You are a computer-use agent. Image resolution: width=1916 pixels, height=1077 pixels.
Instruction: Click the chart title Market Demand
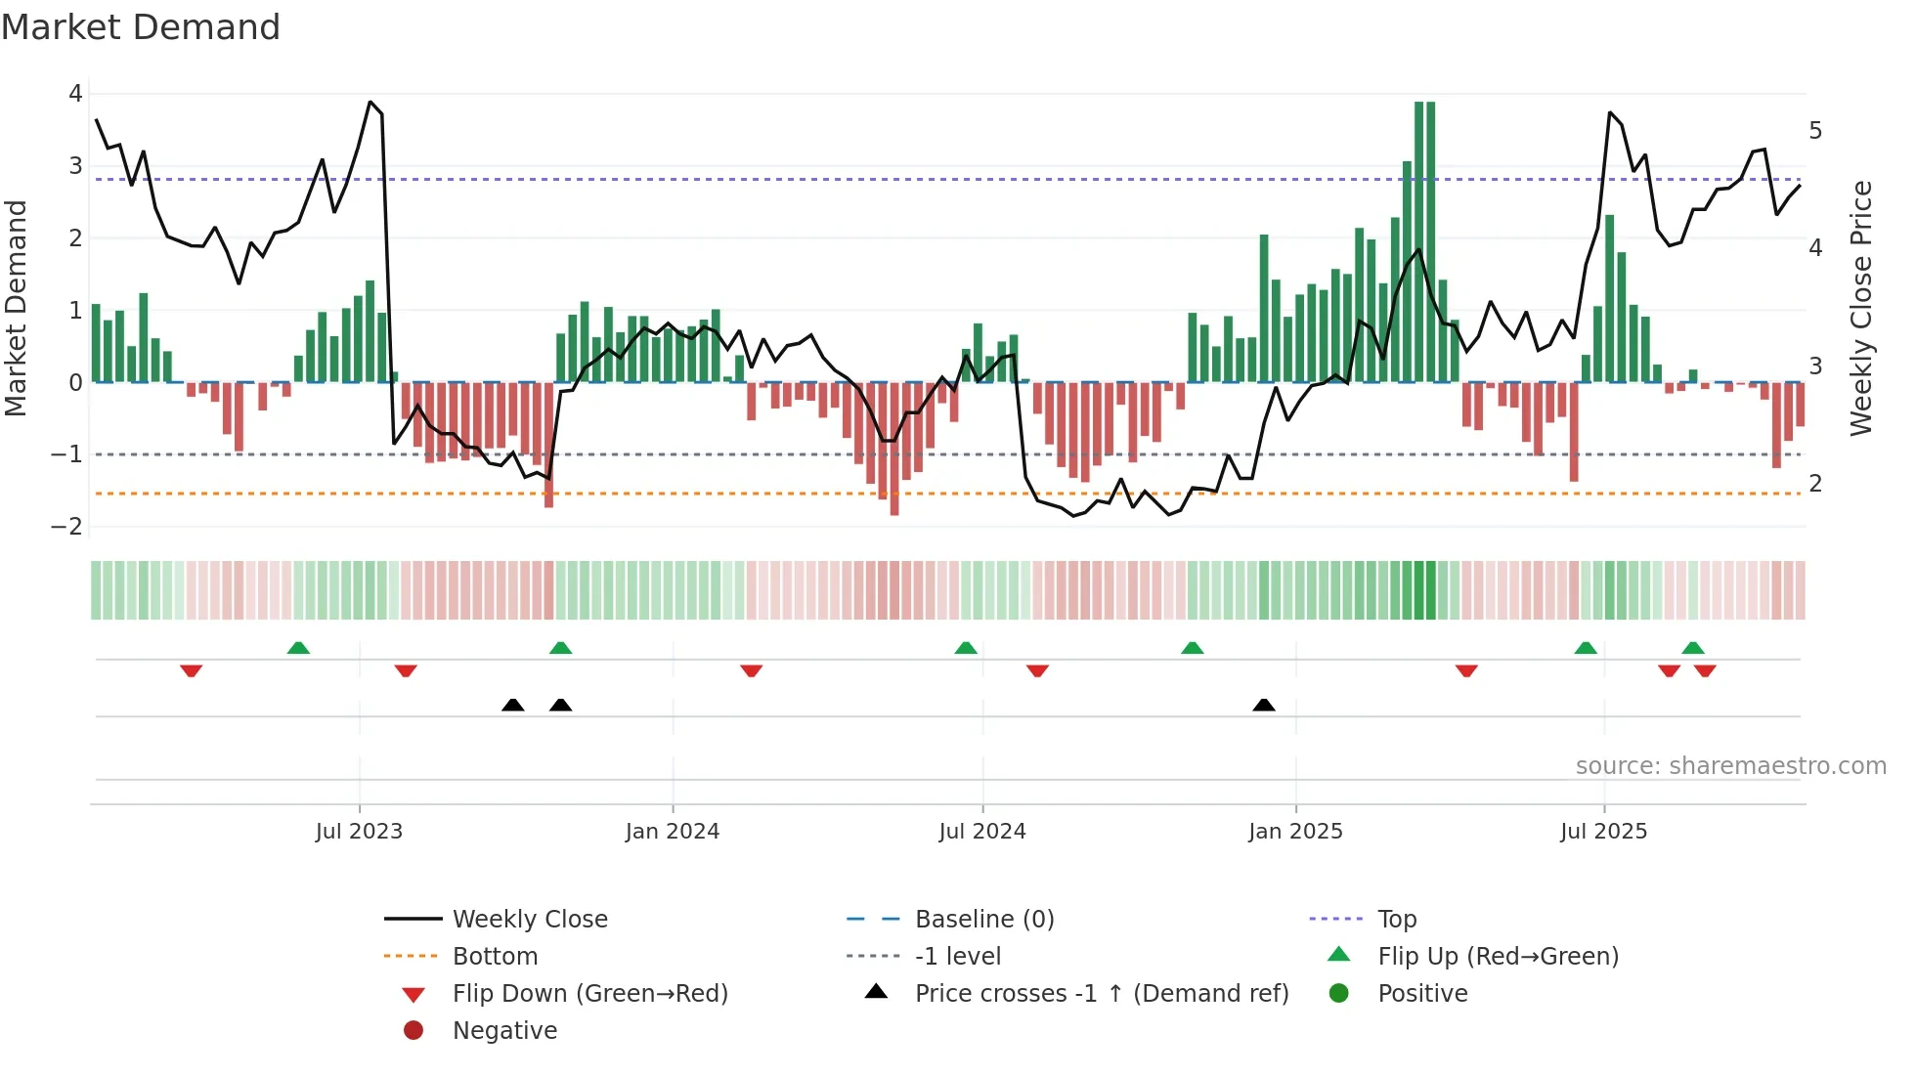click(x=141, y=27)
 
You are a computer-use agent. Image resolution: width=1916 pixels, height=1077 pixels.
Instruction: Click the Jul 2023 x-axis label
click(x=359, y=832)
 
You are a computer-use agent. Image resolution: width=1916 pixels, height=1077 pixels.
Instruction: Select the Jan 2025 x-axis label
click(x=1295, y=832)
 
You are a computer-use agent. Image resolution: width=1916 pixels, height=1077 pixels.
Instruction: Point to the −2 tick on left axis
click(x=67, y=527)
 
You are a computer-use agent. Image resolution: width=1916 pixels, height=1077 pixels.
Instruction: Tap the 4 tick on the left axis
click(x=75, y=94)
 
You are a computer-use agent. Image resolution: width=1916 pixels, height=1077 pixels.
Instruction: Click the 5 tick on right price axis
click(x=1815, y=131)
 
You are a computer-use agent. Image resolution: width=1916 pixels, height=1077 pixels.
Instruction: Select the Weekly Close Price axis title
click(x=1861, y=308)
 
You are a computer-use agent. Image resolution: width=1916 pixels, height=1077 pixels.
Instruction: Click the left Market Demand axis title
click(x=17, y=308)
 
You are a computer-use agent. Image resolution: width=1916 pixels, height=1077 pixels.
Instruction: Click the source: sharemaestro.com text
click(x=1730, y=766)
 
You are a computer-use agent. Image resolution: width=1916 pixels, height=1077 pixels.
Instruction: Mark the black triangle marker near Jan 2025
click(x=1264, y=705)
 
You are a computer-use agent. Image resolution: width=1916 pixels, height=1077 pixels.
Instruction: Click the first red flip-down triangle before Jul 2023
click(x=192, y=670)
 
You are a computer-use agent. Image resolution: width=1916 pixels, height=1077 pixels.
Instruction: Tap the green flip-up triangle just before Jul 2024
click(x=966, y=648)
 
